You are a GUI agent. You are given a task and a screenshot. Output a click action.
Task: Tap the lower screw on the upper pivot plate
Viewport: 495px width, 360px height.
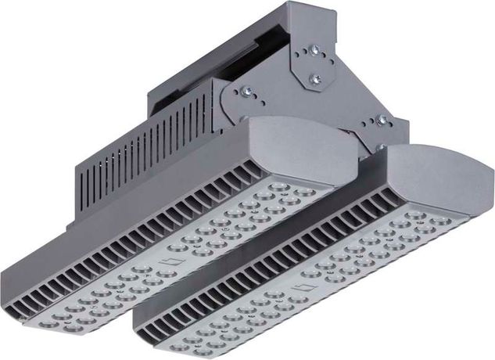(316, 78)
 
